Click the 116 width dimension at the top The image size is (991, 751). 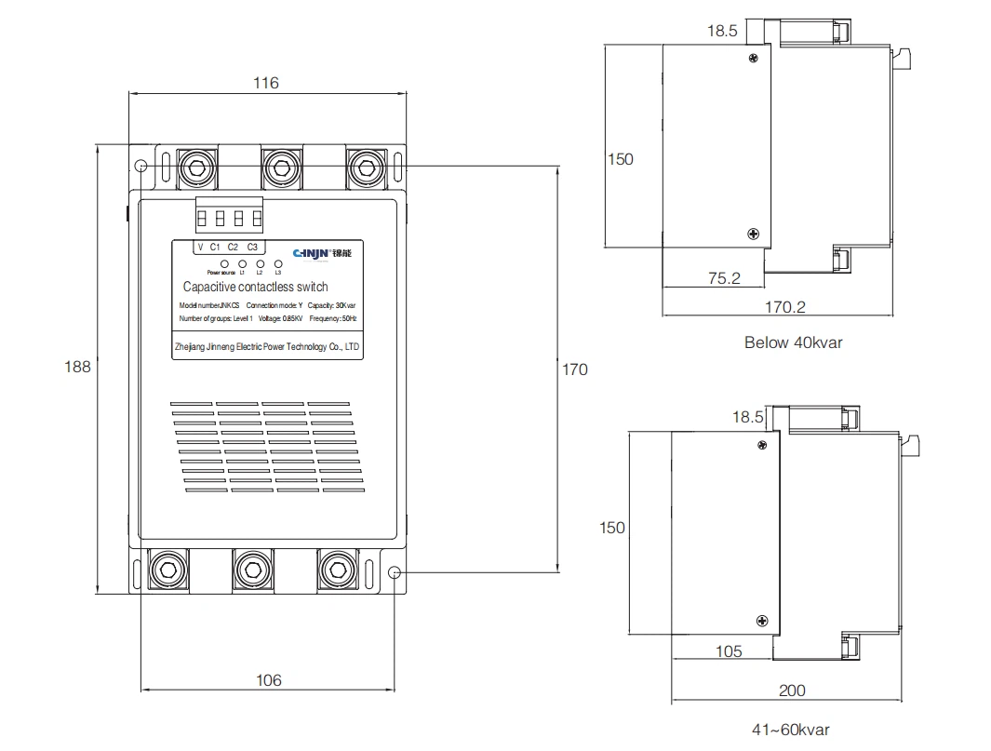tap(265, 83)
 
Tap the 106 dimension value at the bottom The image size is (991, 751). tap(268, 680)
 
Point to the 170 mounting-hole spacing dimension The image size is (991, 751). tap(575, 369)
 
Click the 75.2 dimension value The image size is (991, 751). tap(723, 277)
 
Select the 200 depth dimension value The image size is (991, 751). tap(792, 691)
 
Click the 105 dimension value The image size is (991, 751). tap(729, 651)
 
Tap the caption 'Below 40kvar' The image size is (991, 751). tap(793, 342)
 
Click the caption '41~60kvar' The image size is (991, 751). tap(790, 730)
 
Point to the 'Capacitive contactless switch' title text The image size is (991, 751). tap(255, 288)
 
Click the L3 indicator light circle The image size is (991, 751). tap(278, 264)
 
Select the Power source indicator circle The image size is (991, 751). tap(224, 264)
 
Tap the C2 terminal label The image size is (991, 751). tap(233, 247)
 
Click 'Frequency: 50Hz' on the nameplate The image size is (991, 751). tap(333, 319)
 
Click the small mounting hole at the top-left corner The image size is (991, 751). tap(140, 167)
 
